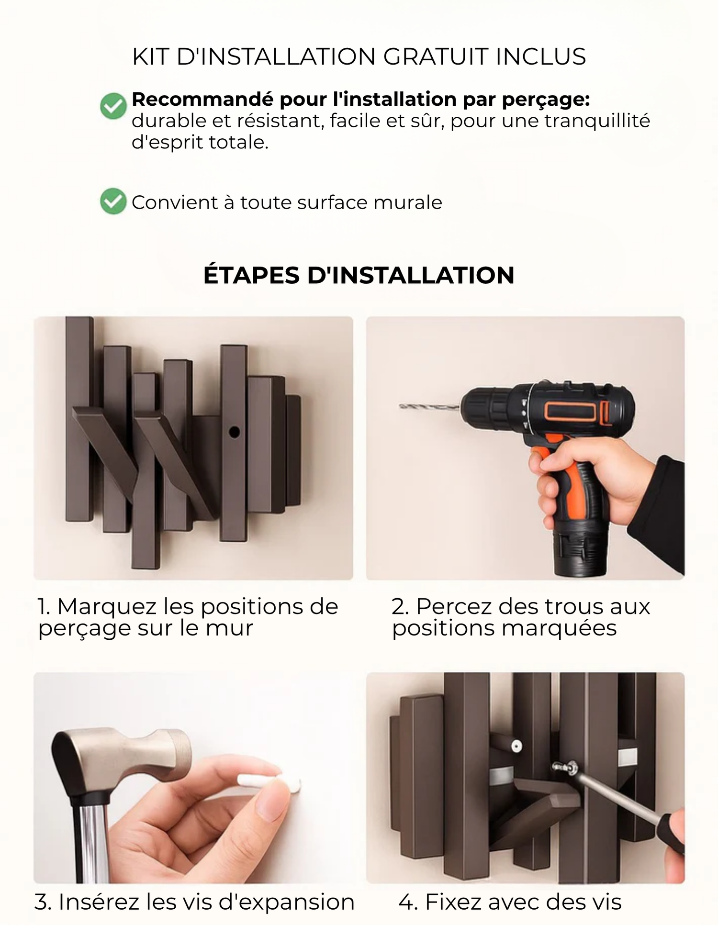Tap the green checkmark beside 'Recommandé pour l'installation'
pos(113,106)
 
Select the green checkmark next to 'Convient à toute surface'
pos(113,201)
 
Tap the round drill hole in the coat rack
pos(234,432)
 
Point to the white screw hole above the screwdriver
pos(516,746)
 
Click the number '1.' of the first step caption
pos(45,607)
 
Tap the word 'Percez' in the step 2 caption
pos(454,607)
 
